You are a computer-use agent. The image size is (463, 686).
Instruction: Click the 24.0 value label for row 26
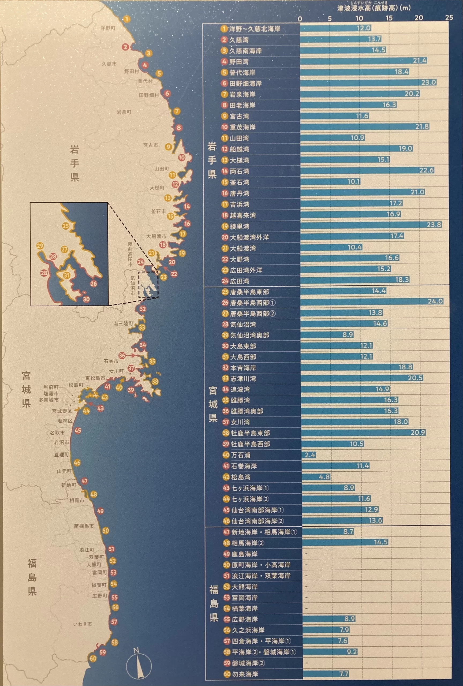click(435, 301)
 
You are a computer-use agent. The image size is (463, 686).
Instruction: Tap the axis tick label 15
click(389, 18)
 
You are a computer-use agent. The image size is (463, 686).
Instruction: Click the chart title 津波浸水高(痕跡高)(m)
click(374, 8)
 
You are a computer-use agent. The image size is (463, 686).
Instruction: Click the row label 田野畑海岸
click(245, 84)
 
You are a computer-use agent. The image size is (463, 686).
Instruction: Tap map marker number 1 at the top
click(126, 20)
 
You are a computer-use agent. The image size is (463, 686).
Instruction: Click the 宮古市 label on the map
click(151, 145)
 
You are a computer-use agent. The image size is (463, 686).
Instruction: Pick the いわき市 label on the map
click(83, 624)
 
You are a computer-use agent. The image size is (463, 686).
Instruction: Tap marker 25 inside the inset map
click(65, 226)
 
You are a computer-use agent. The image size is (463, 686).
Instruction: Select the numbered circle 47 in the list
click(226, 532)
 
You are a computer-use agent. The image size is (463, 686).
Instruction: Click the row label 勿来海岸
click(245, 674)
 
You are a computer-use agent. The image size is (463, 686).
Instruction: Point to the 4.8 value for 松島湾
click(324, 477)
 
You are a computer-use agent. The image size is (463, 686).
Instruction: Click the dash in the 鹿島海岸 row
click(306, 554)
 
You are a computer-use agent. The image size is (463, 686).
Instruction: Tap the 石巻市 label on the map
click(111, 361)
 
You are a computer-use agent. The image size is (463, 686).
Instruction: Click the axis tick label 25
click(449, 18)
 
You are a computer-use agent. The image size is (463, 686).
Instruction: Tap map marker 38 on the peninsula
click(155, 381)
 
